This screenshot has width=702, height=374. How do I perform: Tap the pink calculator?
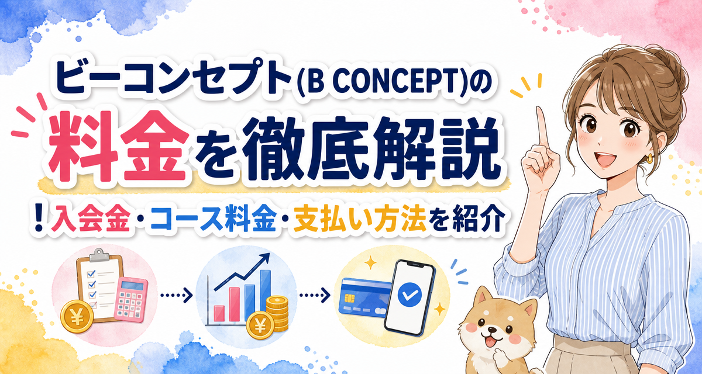click(131, 300)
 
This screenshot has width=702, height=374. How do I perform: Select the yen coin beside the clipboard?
click(77, 316)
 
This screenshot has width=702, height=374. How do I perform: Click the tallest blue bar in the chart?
click(265, 294)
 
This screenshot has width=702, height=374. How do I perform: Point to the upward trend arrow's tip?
click(269, 254)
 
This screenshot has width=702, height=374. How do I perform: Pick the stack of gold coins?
click(277, 314)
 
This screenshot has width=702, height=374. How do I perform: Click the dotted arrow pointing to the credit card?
click(315, 295)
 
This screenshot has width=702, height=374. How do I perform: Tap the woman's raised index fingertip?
click(539, 109)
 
